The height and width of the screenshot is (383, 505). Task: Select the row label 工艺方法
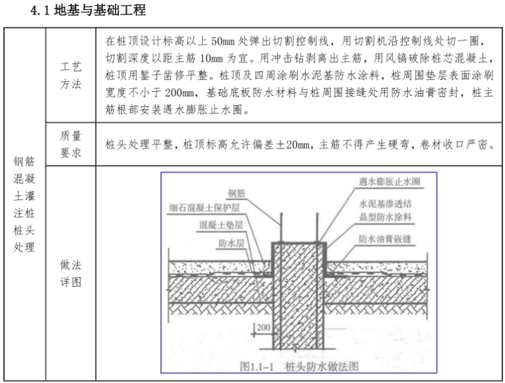70,77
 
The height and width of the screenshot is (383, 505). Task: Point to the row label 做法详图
70,273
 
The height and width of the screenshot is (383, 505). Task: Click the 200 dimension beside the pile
262,328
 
